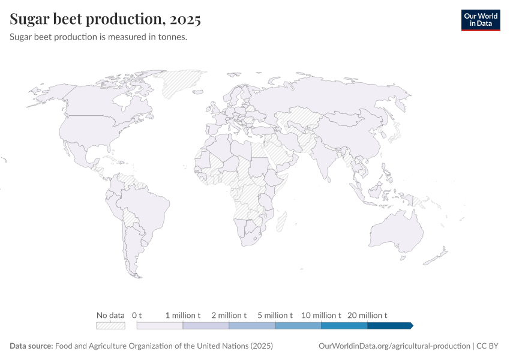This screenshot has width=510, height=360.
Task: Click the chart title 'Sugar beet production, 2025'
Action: click(105, 19)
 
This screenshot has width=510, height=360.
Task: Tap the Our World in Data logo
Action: click(480, 20)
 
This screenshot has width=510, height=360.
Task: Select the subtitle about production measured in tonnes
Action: click(99, 37)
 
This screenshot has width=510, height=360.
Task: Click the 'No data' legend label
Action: click(110, 315)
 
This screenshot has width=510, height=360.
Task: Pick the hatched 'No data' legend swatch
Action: click(110, 326)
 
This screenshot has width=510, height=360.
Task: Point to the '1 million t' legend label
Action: click(183, 315)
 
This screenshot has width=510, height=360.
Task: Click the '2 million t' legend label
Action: click(229, 315)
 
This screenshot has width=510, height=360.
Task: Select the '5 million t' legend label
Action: click(275, 315)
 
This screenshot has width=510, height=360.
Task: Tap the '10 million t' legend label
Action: click(321, 315)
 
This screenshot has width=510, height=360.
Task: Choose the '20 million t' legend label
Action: click(367, 315)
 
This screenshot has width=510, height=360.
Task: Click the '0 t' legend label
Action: click(137, 315)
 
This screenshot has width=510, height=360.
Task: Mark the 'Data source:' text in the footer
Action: click(31, 346)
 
